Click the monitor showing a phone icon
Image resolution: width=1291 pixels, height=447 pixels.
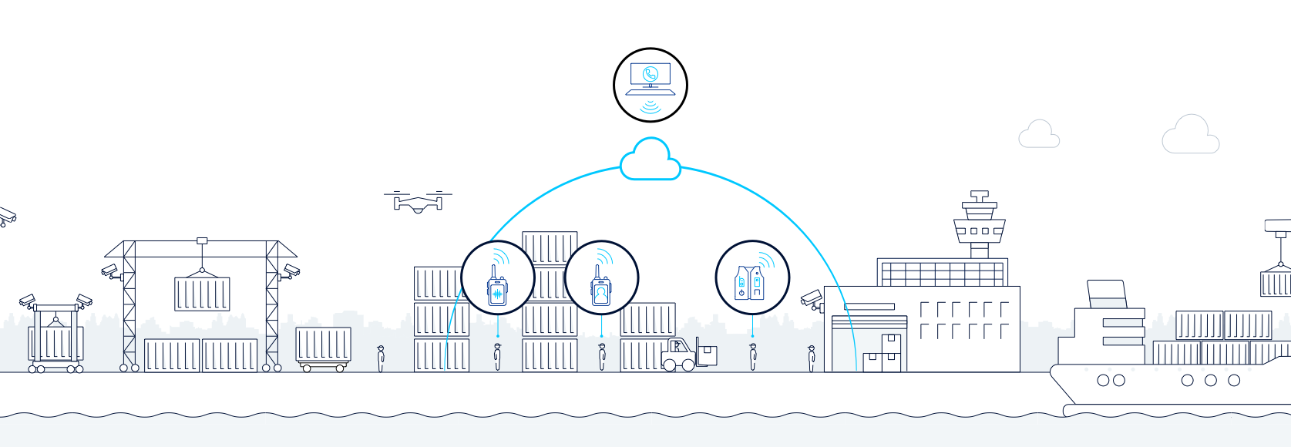[x=650, y=76]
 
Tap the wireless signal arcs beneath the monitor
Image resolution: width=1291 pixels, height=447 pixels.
[x=651, y=106]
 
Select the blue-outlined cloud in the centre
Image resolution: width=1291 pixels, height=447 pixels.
[x=650, y=160]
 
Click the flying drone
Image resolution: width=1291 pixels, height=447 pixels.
[x=418, y=203]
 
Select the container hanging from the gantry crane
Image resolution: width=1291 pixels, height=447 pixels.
[x=202, y=294]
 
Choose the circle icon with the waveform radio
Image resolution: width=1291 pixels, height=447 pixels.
[x=497, y=278]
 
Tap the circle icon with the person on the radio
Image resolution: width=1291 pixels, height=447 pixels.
[x=601, y=278]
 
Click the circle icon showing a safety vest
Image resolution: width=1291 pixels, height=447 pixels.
[x=751, y=278]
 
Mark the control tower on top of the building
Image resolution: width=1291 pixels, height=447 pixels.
[x=979, y=225]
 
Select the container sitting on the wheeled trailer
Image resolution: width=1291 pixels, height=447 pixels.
[x=323, y=344]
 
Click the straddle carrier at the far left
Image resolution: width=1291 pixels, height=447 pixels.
[x=55, y=339]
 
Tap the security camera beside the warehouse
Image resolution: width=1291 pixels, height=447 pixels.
[x=812, y=299]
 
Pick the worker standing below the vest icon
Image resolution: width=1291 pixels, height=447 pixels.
[x=753, y=357]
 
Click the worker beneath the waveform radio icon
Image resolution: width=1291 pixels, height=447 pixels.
[x=497, y=357]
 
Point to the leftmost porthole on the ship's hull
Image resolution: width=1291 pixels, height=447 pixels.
[x=1103, y=380]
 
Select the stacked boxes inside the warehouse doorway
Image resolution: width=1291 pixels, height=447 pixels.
[x=883, y=354]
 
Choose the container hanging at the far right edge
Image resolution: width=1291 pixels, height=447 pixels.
[x=1276, y=284]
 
